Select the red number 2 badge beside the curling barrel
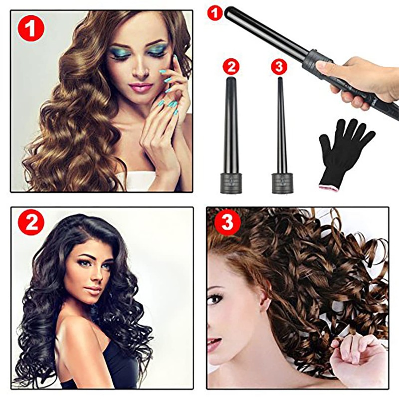click(x=231, y=67)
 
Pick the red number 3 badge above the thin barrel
click(x=279, y=67)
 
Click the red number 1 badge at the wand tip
click(x=215, y=13)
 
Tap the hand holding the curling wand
click(x=357, y=80)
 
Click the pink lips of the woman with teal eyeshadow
click(x=141, y=87)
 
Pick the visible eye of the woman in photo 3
click(x=215, y=299)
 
